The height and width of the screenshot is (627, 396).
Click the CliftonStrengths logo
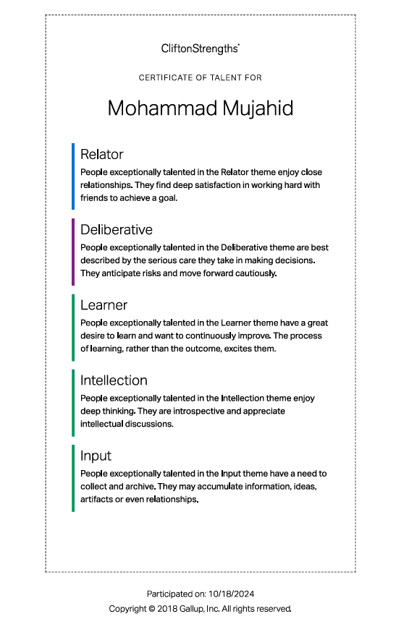click(x=201, y=48)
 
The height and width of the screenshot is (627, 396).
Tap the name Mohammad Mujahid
click(x=201, y=108)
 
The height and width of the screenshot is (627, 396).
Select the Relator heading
click(x=102, y=154)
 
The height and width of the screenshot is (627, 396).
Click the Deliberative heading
click(x=117, y=229)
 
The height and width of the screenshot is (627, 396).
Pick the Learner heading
click(x=104, y=305)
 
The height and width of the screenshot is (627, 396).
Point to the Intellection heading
click(x=114, y=380)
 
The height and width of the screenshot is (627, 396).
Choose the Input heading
click(x=96, y=456)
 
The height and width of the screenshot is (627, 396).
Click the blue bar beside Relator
click(x=73, y=176)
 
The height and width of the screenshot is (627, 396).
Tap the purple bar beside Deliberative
click(x=73, y=252)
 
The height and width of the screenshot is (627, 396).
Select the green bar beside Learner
click(x=73, y=327)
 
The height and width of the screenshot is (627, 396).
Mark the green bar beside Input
click(x=73, y=478)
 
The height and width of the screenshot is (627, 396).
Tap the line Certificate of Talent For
click(x=201, y=77)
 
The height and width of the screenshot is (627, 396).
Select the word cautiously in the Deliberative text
click(x=253, y=273)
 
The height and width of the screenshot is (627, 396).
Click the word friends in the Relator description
click(x=93, y=198)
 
